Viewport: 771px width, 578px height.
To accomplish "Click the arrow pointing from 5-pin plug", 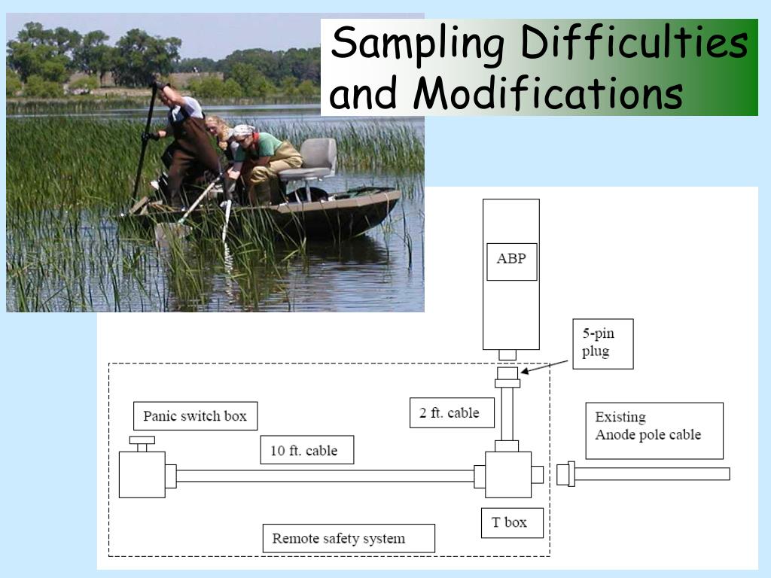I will tap(546, 367).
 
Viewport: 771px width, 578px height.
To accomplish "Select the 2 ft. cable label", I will tap(449, 412).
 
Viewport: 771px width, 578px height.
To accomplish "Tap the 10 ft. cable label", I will tap(304, 450).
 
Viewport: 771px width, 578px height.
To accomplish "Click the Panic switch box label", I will tap(195, 416).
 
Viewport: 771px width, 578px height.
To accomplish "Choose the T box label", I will tap(512, 522).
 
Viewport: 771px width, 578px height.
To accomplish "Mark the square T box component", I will tap(508, 474).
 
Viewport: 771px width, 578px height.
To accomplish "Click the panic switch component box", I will tap(142, 474).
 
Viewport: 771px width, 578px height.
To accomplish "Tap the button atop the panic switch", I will tap(142, 440).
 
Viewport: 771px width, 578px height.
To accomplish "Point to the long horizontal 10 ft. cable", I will tap(324, 476).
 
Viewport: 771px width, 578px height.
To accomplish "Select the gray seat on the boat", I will tap(316, 159).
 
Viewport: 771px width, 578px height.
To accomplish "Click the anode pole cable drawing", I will tap(648, 474).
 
